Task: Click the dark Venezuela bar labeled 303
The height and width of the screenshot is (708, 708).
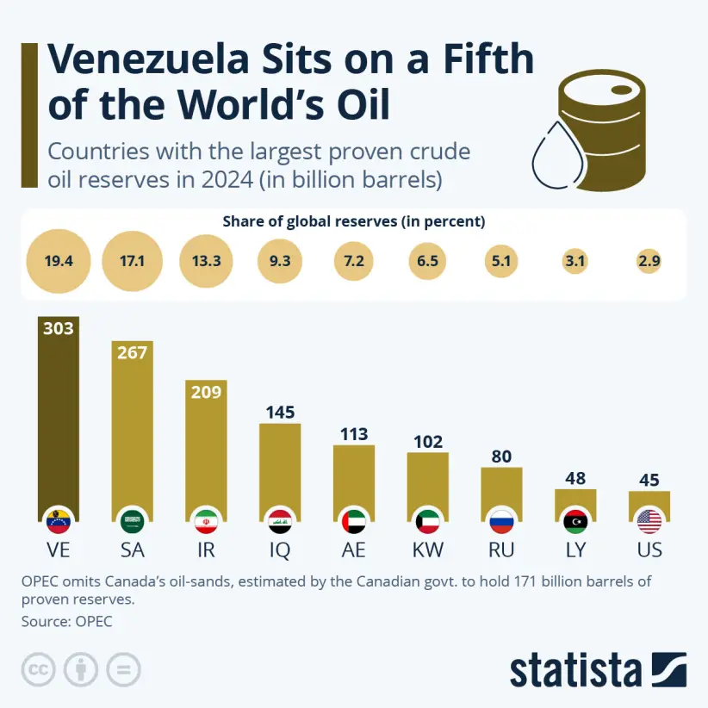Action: tap(59, 413)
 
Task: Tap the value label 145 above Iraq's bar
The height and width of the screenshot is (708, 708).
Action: tap(280, 412)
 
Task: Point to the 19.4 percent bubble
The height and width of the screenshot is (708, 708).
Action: tap(59, 260)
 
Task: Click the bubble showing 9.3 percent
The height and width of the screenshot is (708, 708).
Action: tap(280, 260)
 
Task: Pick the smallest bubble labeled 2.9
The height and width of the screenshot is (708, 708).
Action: tap(649, 260)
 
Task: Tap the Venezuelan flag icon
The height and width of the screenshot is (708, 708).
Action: tap(59, 520)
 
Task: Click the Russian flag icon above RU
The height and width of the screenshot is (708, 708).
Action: tap(501, 520)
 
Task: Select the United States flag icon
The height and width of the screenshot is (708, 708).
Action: tap(649, 520)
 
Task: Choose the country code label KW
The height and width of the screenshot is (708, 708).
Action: tap(427, 550)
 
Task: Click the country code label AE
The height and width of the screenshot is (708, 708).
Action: tap(354, 550)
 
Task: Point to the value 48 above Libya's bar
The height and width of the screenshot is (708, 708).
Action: tap(575, 478)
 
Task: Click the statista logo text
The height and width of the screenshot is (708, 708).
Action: tap(574, 670)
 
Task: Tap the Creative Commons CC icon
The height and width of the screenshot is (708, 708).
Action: tap(38, 670)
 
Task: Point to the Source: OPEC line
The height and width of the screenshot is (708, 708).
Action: tap(66, 620)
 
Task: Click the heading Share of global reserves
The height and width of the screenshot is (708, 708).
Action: tap(353, 221)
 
